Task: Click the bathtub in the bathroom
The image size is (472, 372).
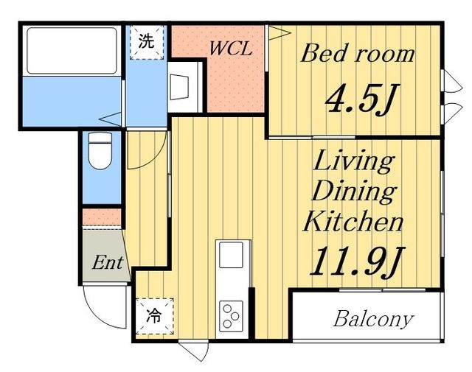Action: pyautogui.click(x=72, y=51)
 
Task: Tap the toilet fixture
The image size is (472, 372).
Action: pyautogui.click(x=100, y=150)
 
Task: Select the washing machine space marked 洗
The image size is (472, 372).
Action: pyautogui.click(x=147, y=42)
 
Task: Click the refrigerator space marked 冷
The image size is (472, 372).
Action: pyautogui.click(x=154, y=316)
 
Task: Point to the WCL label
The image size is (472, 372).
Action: pyautogui.click(x=231, y=48)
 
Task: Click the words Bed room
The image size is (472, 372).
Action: pyautogui.click(x=358, y=54)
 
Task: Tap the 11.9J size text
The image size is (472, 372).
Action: pyautogui.click(x=357, y=262)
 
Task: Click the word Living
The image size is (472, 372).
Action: pyautogui.click(x=354, y=162)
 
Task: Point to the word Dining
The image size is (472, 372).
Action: pyautogui.click(x=354, y=192)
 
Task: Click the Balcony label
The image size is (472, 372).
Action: pyautogui.click(x=373, y=319)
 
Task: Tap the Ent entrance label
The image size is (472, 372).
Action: pyautogui.click(x=108, y=262)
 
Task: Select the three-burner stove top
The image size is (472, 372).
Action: pyautogui.click(x=231, y=316)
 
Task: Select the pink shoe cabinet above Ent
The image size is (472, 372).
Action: pyautogui.click(x=102, y=217)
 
